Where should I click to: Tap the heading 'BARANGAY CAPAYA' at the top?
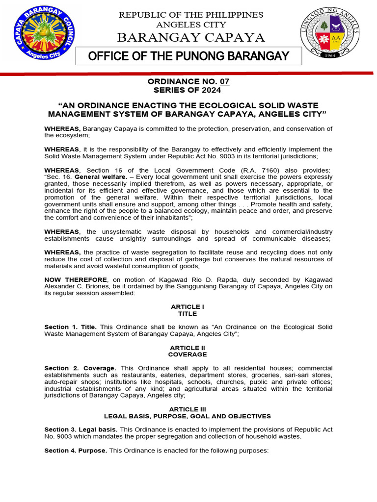tap(191, 37)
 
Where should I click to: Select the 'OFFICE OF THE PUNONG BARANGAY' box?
tap(188, 56)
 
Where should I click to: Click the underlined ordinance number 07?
tap(224, 82)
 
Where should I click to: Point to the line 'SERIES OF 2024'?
tap(187, 90)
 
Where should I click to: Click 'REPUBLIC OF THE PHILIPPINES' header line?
tap(191, 15)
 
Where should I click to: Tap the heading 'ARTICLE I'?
tap(187, 306)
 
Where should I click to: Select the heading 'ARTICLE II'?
tap(187, 347)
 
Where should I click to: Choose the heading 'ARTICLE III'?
tap(187, 409)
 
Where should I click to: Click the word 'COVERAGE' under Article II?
tap(187, 354)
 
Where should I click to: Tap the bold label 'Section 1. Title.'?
tap(71, 327)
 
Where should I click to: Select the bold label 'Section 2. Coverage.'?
tap(80, 368)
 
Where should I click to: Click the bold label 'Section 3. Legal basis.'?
tap(81, 429)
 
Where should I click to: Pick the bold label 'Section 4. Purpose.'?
tap(76, 450)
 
